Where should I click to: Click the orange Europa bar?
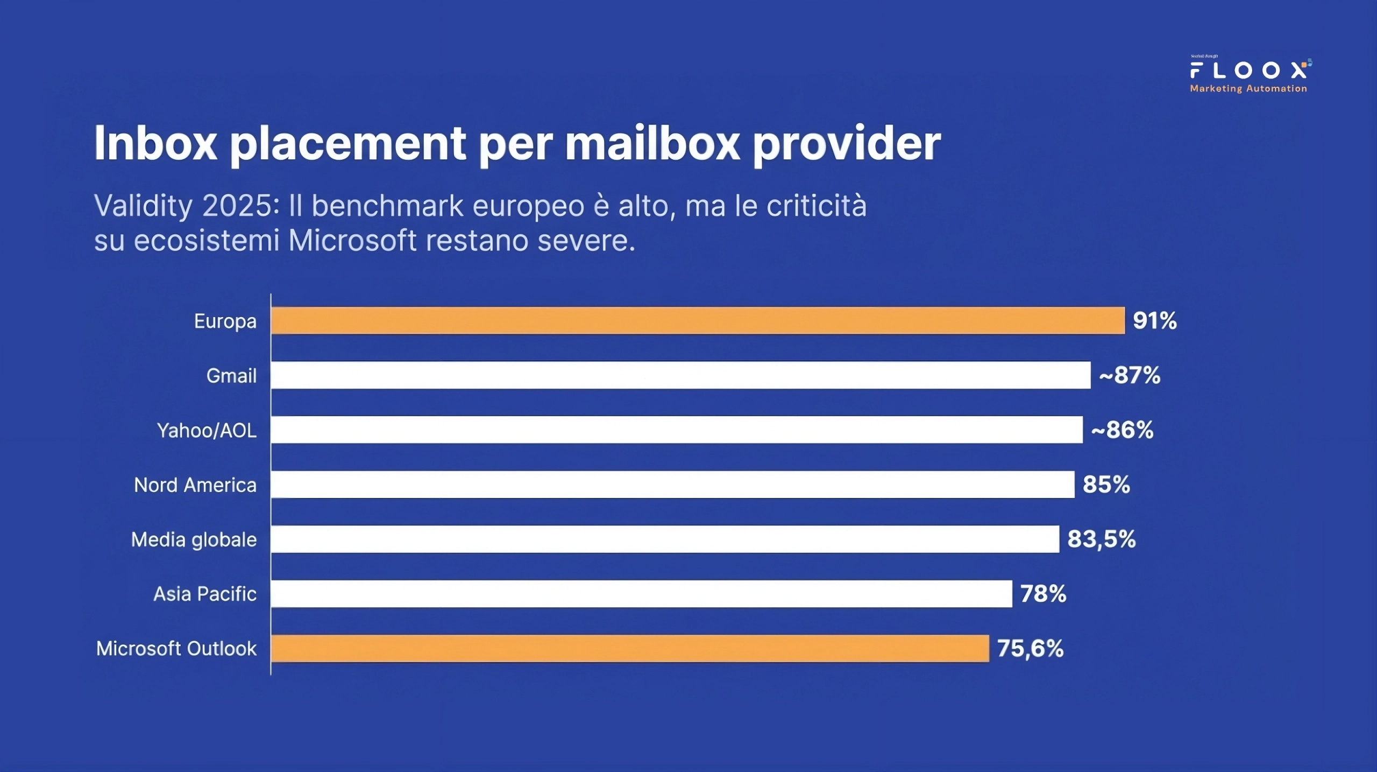pos(698,320)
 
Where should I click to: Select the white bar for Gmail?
pos(680,375)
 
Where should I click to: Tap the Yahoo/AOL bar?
pos(677,430)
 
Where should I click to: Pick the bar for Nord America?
pos(672,484)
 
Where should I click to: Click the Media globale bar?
pos(665,539)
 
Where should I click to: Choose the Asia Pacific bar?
pos(641,593)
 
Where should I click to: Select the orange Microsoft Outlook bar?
pos(630,648)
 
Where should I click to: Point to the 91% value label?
pos(1154,321)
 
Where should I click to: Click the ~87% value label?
pos(1130,375)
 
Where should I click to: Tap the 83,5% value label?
pos(1101,539)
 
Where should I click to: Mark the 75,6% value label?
pos(1030,648)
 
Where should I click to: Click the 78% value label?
pos(1043,594)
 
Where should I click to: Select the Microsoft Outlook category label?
pos(176,649)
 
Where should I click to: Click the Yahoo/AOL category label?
pos(207,431)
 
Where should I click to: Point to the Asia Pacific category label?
pos(205,594)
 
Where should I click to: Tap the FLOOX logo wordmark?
pos(1248,71)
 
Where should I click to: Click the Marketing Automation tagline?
pos(1248,89)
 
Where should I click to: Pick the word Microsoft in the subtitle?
pos(352,240)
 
